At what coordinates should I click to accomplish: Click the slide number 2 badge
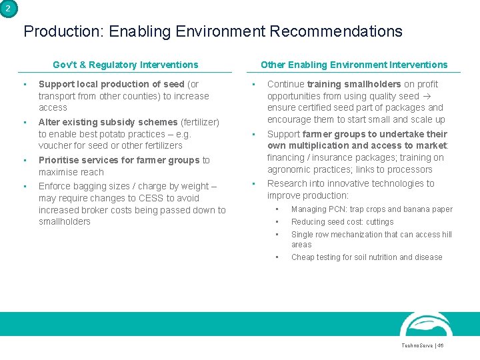pyautogui.click(x=7, y=7)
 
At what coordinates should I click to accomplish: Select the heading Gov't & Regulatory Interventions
pyautogui.click(x=125, y=65)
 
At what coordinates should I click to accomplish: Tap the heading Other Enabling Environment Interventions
pyautogui.click(x=354, y=65)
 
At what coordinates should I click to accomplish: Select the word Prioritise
pyautogui.click(x=58, y=160)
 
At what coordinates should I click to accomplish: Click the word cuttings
pyautogui.click(x=380, y=222)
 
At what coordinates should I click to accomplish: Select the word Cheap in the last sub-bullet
pyautogui.click(x=303, y=257)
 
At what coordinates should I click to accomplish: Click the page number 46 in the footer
pyautogui.click(x=440, y=346)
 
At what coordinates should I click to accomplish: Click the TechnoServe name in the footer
pyautogui.click(x=416, y=346)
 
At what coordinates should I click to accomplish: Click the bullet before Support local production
pyautogui.click(x=24, y=85)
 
